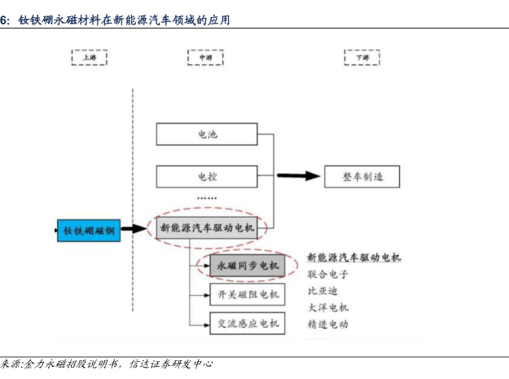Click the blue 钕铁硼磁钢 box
coord(89,231)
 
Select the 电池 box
coord(207,134)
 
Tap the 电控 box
coord(207,175)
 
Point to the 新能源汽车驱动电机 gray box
coord(207,229)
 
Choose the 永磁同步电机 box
coord(246,266)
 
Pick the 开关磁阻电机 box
coord(246,294)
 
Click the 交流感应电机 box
coord(246,324)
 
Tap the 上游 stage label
coord(89,58)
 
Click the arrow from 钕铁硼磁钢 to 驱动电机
coord(136,230)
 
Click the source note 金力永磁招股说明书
coord(72,364)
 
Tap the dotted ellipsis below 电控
coord(207,198)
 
